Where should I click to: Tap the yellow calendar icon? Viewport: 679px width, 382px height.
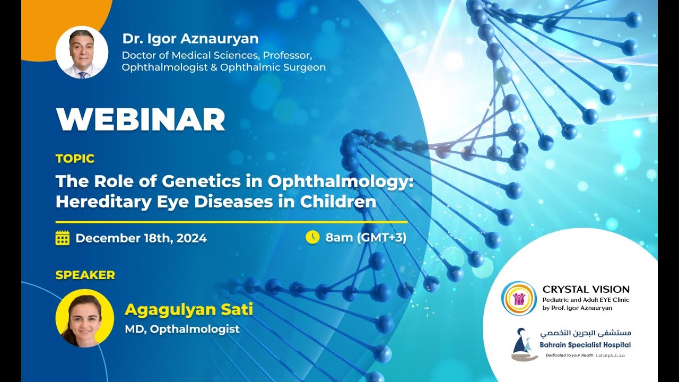point(63,238)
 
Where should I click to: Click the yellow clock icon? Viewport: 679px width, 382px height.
point(312,237)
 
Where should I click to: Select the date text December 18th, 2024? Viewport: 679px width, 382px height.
point(141,238)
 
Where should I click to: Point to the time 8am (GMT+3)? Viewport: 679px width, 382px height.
point(366,237)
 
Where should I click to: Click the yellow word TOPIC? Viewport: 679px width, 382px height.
point(75,158)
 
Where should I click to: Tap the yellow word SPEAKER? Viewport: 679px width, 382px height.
point(85,275)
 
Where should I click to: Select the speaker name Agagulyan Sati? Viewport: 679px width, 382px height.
point(188,309)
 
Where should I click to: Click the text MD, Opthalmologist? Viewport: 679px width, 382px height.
point(182,329)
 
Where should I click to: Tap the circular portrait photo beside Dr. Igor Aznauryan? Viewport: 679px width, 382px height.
point(82,53)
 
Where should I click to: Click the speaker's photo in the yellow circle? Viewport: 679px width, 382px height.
point(84,318)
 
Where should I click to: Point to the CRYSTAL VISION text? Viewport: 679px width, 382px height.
point(586,290)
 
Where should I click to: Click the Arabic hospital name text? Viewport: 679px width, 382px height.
point(586,334)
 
